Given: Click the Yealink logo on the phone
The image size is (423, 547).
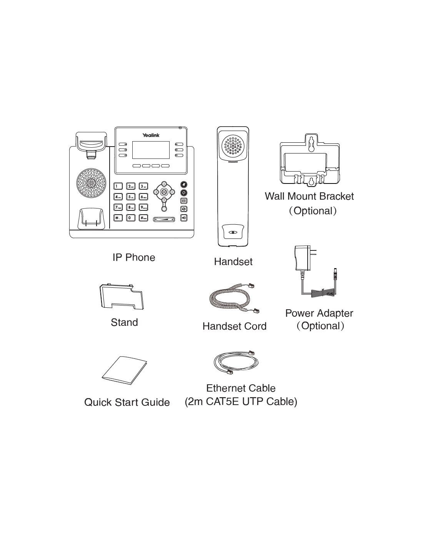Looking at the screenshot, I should click(151, 135).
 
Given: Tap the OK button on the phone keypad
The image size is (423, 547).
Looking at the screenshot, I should click(164, 192).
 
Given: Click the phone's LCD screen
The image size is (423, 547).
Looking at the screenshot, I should click(151, 150).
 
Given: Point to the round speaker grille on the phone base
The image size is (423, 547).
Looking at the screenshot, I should click(91, 183).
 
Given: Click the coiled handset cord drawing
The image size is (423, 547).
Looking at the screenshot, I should click(233, 299).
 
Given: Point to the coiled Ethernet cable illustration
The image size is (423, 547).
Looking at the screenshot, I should click(235, 362).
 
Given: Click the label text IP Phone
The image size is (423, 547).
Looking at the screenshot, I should click(134, 257).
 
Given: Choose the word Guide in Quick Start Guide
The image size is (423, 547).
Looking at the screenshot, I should click(155, 402).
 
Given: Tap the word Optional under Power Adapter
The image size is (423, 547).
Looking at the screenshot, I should click(320, 326).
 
